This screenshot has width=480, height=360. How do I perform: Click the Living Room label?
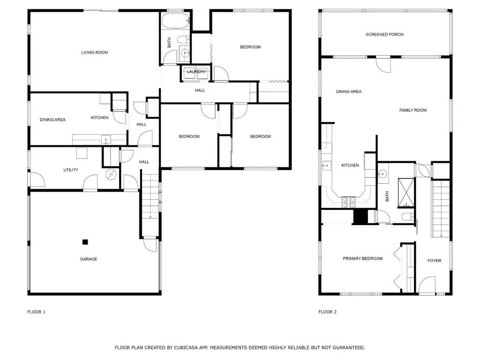click(x=95, y=52)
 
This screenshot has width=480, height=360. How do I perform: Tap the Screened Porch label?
click(x=384, y=34)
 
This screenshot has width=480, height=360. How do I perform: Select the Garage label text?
click(x=89, y=259)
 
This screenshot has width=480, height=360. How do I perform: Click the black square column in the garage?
click(x=85, y=242)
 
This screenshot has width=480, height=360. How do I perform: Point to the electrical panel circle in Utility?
click(x=111, y=174)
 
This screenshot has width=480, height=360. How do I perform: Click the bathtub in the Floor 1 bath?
click(x=175, y=21)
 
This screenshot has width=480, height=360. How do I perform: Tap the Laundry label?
click(x=196, y=72)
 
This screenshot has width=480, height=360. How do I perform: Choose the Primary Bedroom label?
click(x=362, y=258)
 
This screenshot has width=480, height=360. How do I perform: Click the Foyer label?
click(x=434, y=261)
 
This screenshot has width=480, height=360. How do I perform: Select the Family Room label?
click(x=412, y=110)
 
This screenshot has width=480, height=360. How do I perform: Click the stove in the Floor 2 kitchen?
click(x=348, y=202)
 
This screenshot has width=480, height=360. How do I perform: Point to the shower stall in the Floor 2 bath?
click(x=406, y=192)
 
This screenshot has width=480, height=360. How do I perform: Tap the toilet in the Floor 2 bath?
click(x=407, y=217)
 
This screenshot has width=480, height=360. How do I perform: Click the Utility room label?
click(x=71, y=170)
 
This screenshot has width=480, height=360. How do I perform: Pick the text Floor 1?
click(x=37, y=312)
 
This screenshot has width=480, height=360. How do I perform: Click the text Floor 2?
click(x=327, y=312)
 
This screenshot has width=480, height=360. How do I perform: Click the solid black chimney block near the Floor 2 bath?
click(x=360, y=217)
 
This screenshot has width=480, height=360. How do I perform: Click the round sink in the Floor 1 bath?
click(x=185, y=53)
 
